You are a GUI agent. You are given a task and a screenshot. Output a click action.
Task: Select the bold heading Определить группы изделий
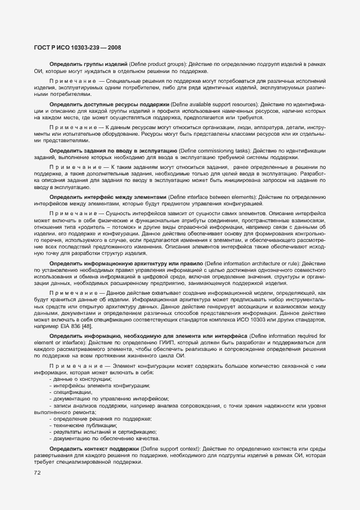(88, 64)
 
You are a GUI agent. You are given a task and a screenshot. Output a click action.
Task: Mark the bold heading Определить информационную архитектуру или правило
(126, 263)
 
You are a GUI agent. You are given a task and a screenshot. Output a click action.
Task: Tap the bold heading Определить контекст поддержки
(94, 448)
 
